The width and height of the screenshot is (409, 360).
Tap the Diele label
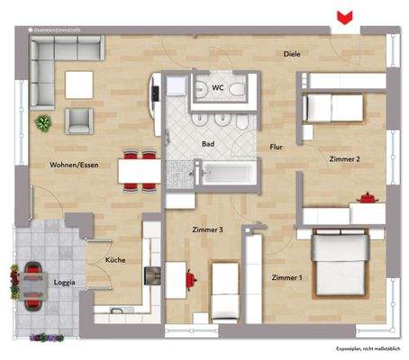pos(291,54)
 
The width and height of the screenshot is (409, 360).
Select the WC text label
pos(217,87)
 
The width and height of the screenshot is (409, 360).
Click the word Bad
pos(208,143)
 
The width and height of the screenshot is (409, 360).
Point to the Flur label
pos(277,146)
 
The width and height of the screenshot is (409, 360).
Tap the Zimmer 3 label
pos(208,230)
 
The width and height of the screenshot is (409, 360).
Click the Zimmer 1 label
pos(287,277)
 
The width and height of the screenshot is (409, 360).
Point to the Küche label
pos(114,260)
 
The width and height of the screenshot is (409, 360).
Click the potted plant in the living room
pos(42,121)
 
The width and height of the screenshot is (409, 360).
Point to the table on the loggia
pos(35,282)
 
